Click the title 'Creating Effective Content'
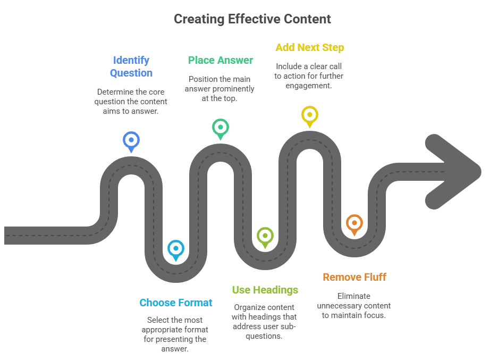click(252, 19)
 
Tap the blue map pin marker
click(131, 141)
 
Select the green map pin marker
click(220, 128)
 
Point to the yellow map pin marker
click(309, 115)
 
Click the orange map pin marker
click(354, 223)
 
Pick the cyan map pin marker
click(175, 249)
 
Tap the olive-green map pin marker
click(265, 236)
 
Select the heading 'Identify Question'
click(131, 66)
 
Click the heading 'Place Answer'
click(221, 60)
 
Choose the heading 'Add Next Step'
click(309, 47)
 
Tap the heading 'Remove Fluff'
click(354, 277)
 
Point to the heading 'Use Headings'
click(265, 290)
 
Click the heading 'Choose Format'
click(176, 303)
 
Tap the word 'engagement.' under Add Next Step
click(309, 86)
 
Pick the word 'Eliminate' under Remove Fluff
click(354, 296)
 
